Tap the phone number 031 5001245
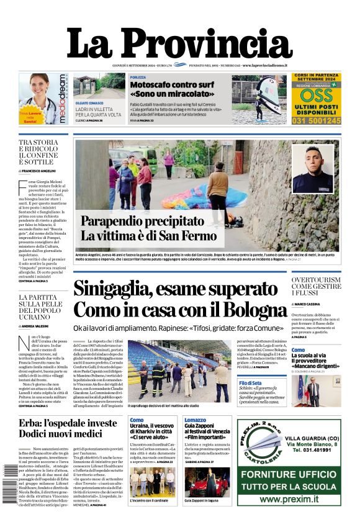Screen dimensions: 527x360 click(317, 121)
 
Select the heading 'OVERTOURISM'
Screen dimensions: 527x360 click(316, 281)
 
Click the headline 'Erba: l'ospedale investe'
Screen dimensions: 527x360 click(68, 423)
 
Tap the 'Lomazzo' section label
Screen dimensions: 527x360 click(195, 420)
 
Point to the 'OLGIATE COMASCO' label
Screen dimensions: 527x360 click(89, 102)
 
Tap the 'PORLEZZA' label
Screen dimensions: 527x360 click(138, 77)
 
